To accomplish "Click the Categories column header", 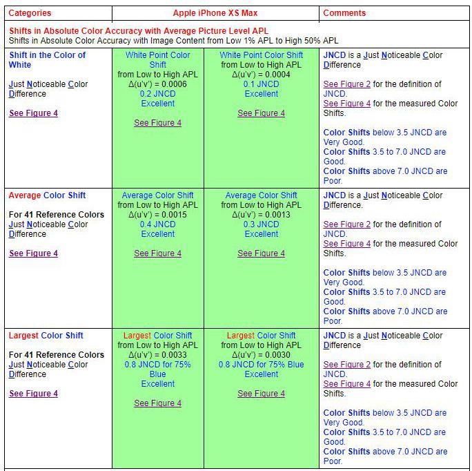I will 30,13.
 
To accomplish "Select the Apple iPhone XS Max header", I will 215,13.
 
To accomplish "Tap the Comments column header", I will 344,13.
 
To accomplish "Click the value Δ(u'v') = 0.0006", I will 157,84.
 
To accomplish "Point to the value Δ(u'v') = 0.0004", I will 261,75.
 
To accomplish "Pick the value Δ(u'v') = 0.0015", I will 157,215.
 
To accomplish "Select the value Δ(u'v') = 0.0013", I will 261,215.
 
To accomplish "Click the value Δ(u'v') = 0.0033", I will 157,355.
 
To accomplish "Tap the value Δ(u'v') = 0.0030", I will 261,355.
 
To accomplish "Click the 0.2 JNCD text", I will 157,94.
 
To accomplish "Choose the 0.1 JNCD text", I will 261,84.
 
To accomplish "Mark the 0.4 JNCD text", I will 157,224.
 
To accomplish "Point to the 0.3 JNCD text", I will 261,224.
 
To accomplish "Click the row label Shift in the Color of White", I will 47,60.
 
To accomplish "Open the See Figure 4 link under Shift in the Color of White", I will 33,113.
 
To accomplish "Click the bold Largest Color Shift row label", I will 46,336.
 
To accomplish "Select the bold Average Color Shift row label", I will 47,195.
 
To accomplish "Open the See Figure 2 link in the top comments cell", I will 347,84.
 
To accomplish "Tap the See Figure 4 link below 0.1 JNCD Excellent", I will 261,113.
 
